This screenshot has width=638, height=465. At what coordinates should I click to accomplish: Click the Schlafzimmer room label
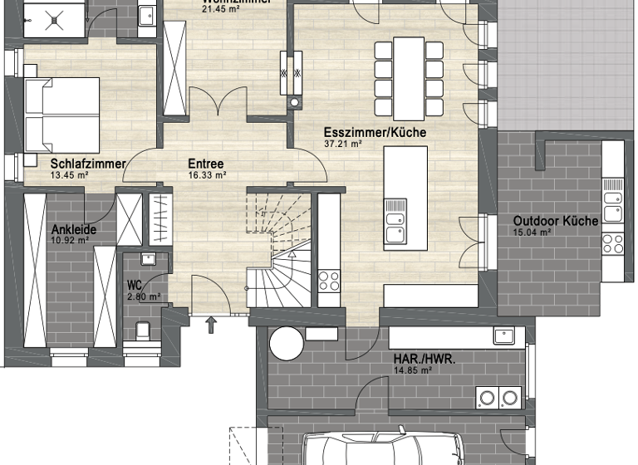point(87,164)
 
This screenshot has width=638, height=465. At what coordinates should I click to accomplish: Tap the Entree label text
point(206,164)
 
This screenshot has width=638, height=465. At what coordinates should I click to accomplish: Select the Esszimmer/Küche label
point(375,133)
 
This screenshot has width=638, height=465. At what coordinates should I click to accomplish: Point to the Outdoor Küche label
point(545,221)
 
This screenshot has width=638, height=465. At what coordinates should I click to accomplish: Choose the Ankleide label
point(69,230)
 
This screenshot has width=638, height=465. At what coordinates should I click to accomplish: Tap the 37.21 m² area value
point(342,144)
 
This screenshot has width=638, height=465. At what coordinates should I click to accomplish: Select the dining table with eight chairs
point(409,78)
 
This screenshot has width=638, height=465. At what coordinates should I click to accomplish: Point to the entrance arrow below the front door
point(210,323)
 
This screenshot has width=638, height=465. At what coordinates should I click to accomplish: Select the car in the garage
point(378,448)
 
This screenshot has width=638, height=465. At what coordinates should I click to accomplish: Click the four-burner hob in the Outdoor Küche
point(612,242)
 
